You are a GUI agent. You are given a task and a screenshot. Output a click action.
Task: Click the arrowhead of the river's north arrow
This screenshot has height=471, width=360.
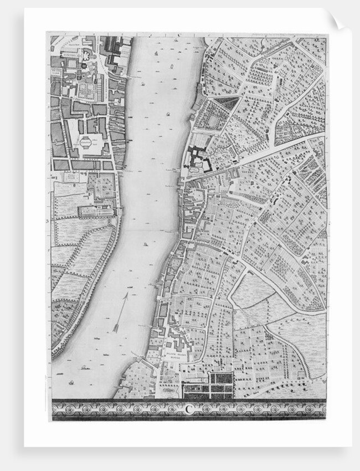point(126,296)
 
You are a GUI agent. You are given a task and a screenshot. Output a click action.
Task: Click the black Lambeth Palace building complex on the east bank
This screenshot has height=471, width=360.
point(198,159)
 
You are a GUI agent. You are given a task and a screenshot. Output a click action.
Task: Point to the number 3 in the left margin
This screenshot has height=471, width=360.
point(48,220)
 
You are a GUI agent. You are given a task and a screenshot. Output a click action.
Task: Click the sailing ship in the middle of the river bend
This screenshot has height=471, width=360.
point(145,244)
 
